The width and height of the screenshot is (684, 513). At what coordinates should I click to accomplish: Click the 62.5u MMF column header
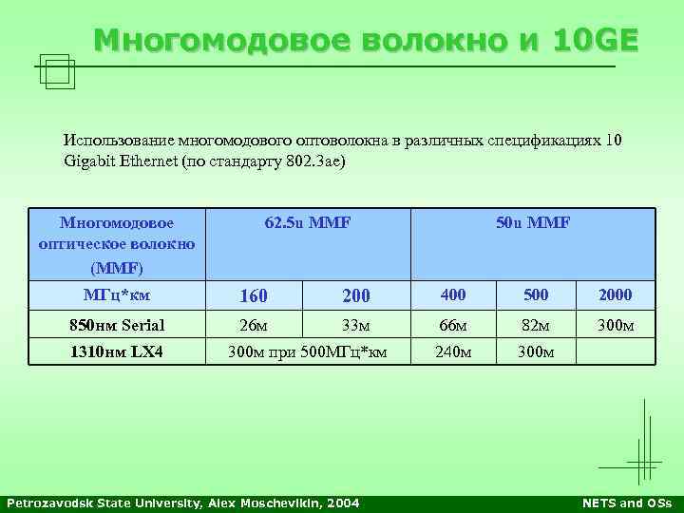click(x=308, y=223)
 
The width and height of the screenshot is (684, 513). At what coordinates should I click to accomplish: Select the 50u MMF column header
click(x=533, y=223)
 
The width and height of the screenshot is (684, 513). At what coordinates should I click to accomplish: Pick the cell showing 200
click(x=354, y=295)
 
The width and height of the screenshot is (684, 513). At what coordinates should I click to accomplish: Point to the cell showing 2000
click(x=616, y=295)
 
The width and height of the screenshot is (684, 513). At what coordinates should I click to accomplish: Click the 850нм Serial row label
click(x=117, y=325)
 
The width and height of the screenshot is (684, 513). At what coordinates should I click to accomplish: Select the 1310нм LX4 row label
click(x=117, y=352)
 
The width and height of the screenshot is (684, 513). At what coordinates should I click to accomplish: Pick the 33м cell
click(x=354, y=325)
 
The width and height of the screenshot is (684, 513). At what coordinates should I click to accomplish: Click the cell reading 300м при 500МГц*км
click(x=308, y=352)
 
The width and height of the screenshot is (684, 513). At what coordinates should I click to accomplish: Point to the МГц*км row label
click(x=117, y=294)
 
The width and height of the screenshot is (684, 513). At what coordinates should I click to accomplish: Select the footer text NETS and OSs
click(x=626, y=503)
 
